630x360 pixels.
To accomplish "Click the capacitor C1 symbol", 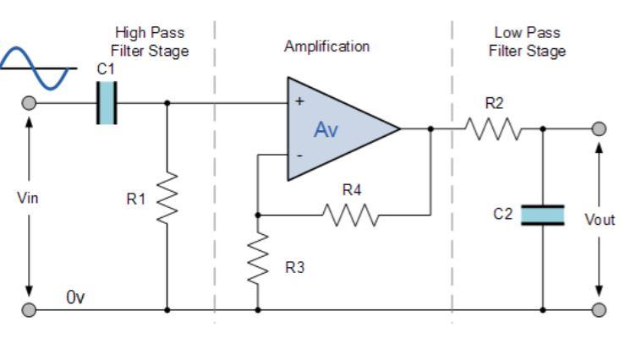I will pyautogui.click(x=107, y=103).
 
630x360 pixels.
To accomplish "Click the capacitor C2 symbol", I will pyautogui.click(x=542, y=215).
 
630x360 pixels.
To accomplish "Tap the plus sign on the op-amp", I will pyautogui.click(x=299, y=101).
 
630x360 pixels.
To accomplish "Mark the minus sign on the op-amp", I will pyautogui.click(x=299, y=156).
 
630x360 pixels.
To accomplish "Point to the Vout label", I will pyautogui.click(x=600, y=220).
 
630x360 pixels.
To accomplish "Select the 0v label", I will pyautogui.click(x=76, y=298).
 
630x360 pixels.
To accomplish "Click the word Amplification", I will pyautogui.click(x=326, y=46).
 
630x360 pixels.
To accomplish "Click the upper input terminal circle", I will pyautogui.click(x=29, y=103).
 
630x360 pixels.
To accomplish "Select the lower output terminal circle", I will pyautogui.click(x=600, y=309).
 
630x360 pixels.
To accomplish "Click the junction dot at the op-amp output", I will pyautogui.click(x=431, y=129).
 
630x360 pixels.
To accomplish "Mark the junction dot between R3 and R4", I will pyautogui.click(x=257, y=215).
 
